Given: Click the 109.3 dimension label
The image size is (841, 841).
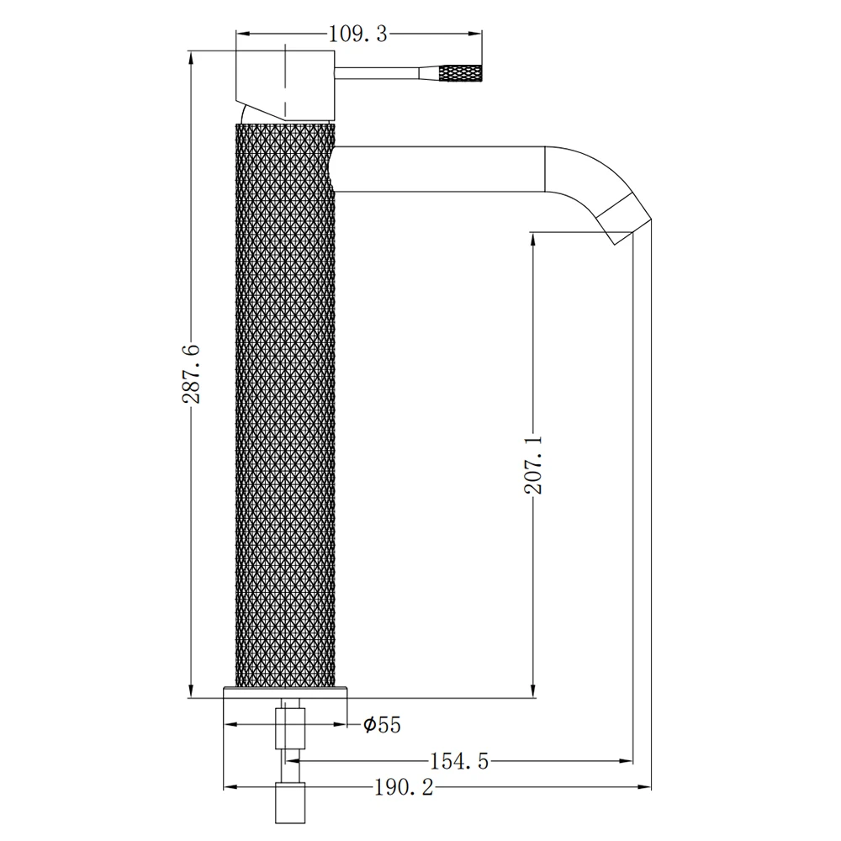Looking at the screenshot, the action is [357, 34].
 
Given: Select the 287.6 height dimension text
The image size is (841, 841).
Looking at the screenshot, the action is [191, 374].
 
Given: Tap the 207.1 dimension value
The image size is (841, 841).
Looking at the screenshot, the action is [533, 465].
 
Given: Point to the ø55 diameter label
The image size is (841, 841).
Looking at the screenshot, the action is [382, 725].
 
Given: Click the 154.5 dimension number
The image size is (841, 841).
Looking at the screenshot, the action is [459, 761].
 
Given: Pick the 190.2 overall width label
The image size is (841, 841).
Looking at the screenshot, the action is [404, 787].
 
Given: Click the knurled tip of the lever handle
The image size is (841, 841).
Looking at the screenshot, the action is [461, 73].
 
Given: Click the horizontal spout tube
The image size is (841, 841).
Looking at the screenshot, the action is [440, 169].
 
